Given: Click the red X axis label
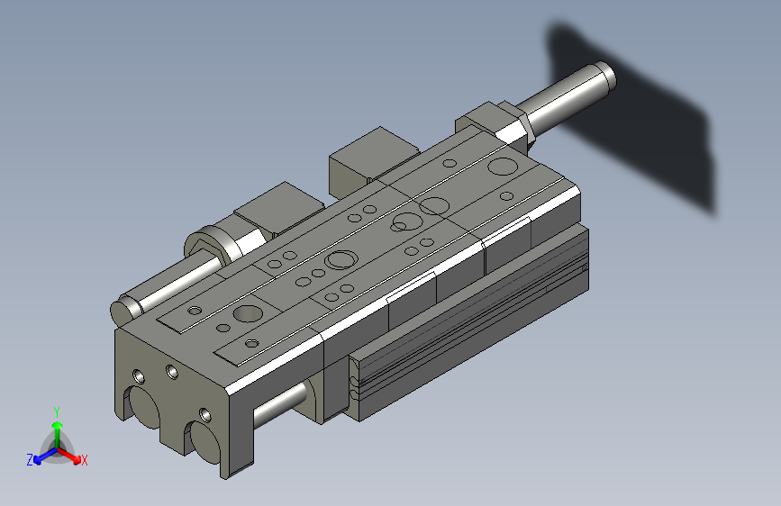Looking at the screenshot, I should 84,461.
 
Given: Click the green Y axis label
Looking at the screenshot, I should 56,411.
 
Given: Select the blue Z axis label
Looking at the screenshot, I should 30,459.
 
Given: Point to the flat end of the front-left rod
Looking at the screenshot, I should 121,310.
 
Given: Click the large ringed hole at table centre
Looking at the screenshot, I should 341,261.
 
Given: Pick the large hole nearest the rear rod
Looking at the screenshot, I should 502,167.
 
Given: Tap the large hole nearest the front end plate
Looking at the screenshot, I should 246,315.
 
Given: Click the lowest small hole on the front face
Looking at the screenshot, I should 205,414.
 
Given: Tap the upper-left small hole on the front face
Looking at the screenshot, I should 137,375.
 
